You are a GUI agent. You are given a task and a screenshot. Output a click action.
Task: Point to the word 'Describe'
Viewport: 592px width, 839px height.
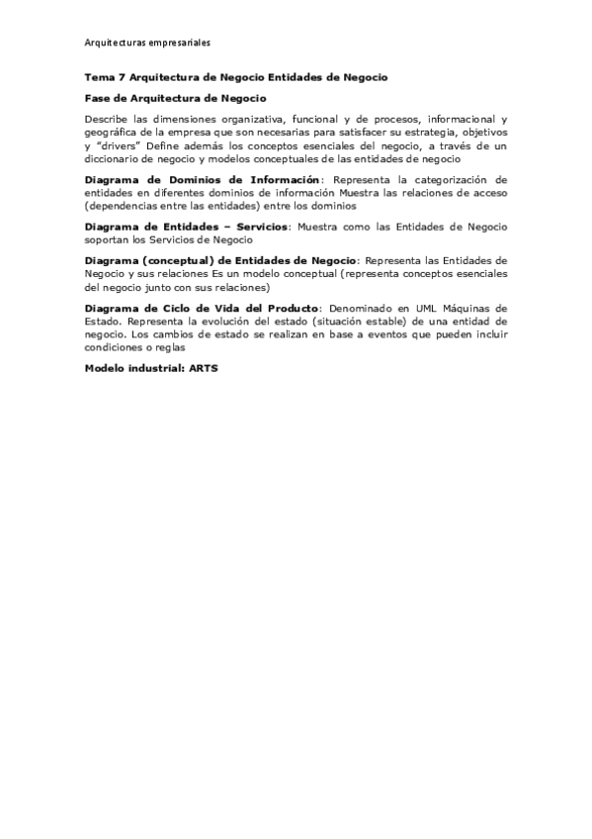tap(106, 120)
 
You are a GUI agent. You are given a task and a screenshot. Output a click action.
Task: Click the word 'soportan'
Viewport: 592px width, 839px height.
tap(106, 240)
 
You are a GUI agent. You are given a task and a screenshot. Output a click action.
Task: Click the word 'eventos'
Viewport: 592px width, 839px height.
tap(383, 335)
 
